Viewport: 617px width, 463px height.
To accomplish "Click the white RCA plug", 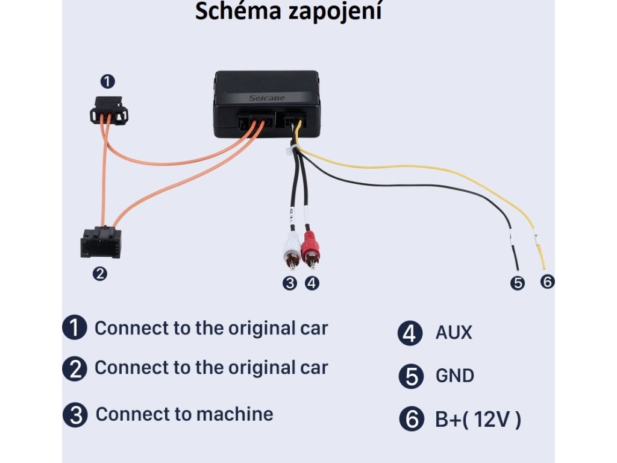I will click(x=292, y=248).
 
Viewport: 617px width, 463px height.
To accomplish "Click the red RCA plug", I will click(x=311, y=248).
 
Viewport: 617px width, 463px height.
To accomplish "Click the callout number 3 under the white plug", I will click(x=290, y=283).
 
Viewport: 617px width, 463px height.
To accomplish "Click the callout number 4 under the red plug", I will click(x=312, y=283).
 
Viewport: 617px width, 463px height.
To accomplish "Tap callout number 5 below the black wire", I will click(x=517, y=283).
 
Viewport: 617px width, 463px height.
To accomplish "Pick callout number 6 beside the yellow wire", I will click(x=547, y=281).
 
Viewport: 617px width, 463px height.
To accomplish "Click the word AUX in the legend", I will click(x=454, y=333).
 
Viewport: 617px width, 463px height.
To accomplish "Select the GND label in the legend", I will click(x=454, y=376).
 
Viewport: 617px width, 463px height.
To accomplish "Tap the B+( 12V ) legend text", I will click(x=478, y=420).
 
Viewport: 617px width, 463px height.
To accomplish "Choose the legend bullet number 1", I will click(x=75, y=328).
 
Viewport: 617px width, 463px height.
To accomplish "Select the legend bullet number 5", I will click(x=412, y=377).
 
